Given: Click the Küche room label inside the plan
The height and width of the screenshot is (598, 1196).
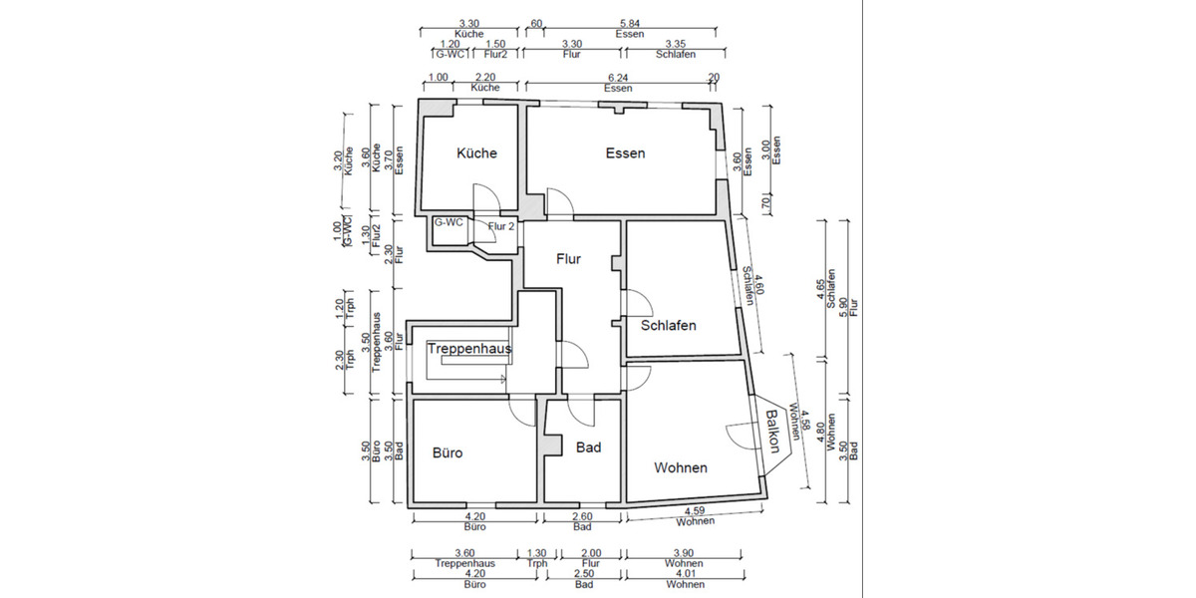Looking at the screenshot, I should pyautogui.click(x=476, y=153).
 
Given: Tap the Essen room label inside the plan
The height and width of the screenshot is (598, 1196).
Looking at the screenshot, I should pyautogui.click(x=625, y=153).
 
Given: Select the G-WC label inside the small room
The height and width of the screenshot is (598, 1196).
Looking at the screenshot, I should pyautogui.click(x=448, y=222).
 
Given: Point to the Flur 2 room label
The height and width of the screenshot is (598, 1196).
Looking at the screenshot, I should pyautogui.click(x=501, y=226).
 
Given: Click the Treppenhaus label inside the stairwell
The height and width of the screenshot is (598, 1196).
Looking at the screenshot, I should pyautogui.click(x=469, y=349).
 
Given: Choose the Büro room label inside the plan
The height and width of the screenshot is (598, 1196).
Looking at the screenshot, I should pyautogui.click(x=447, y=452).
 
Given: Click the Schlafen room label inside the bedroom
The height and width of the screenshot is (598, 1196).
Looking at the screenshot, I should pyautogui.click(x=668, y=326).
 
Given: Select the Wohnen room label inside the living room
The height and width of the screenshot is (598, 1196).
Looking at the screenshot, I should pyautogui.click(x=681, y=467).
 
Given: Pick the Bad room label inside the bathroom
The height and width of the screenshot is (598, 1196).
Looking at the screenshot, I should pyautogui.click(x=588, y=448).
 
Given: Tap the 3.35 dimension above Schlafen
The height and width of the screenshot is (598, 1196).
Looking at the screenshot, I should pyautogui.click(x=675, y=45).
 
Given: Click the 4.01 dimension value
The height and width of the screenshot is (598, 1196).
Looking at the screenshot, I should pyautogui.click(x=685, y=573).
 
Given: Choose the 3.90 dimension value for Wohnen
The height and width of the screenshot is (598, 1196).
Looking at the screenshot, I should pyautogui.click(x=685, y=553).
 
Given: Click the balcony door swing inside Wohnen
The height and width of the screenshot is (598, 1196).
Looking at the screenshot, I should pyautogui.click(x=738, y=436).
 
